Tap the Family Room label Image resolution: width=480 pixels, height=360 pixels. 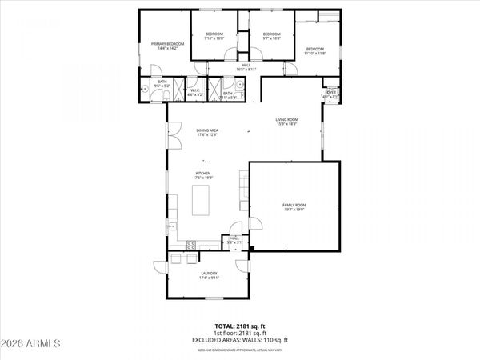(x=294, y=207)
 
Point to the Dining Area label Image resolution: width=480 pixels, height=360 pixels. (x=208, y=132)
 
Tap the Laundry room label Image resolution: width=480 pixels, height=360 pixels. (x=209, y=276)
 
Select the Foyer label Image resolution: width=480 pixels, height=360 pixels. (x=330, y=94)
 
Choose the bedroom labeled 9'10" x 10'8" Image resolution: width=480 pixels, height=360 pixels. (x=214, y=36)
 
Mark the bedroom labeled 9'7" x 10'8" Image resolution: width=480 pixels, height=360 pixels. (x=272, y=36)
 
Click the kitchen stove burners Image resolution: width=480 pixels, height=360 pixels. (x=191, y=243)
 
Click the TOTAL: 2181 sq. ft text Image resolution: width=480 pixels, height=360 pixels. (x=239, y=326)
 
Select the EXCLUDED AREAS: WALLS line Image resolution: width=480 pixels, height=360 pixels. (x=239, y=341)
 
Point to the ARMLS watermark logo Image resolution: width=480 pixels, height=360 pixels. (x=32, y=343)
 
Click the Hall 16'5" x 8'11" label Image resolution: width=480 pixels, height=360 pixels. (x=246, y=67)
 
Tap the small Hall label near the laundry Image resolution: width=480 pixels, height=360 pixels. (x=234, y=239)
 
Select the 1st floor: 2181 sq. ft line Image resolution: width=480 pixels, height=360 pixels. (x=239, y=334)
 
